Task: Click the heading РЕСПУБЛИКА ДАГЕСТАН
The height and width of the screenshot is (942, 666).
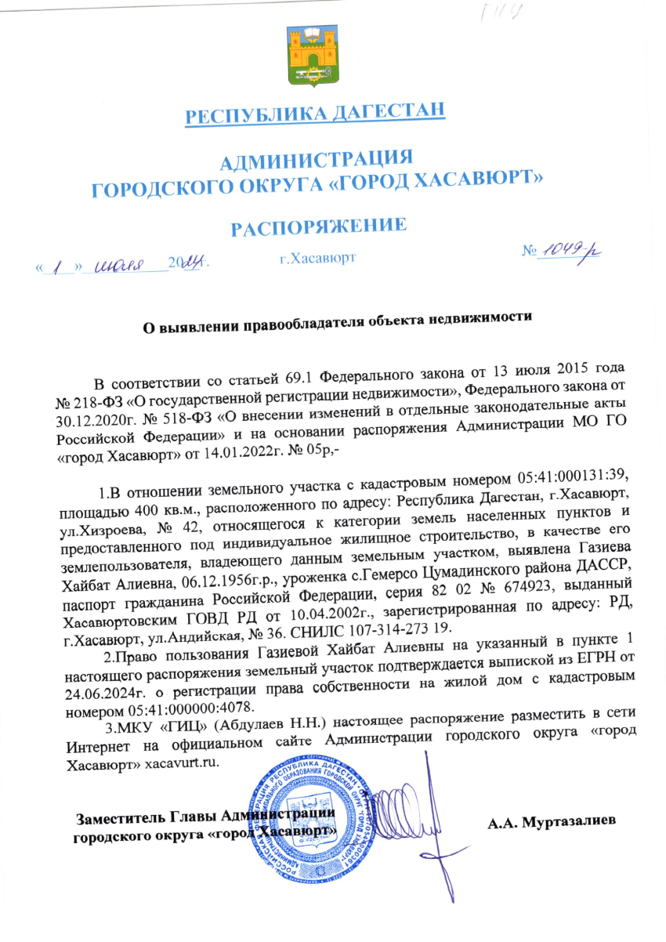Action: pos(315,114)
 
